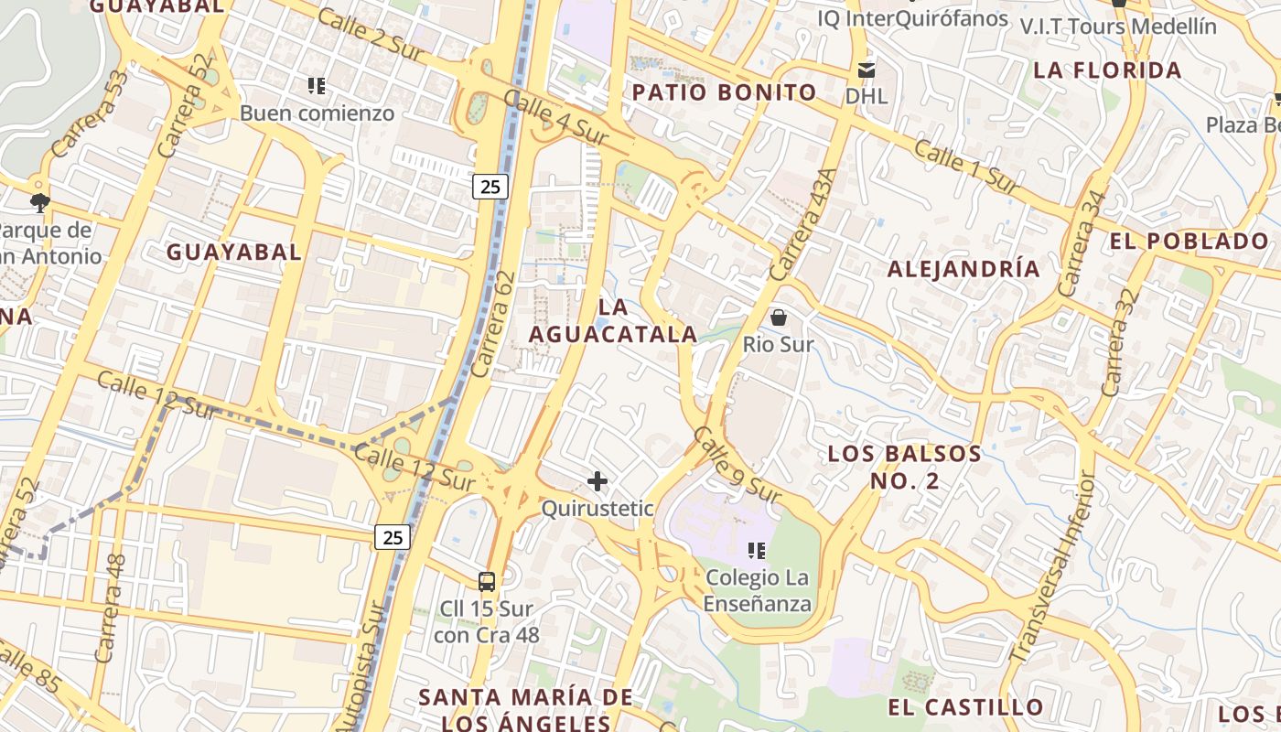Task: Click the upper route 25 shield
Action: coord(490,187)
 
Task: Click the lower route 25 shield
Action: coord(392,537)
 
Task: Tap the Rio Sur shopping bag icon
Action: coord(779,318)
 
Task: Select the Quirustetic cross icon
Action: coord(597,480)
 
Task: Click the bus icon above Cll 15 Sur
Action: coord(487,581)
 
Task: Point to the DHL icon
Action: coord(866,70)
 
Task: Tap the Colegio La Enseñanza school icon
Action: coord(757,551)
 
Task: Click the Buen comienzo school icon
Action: coord(317,86)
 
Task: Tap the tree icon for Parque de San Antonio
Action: coord(39,202)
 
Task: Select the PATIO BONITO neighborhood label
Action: coord(724,92)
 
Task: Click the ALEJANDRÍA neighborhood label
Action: coord(963,269)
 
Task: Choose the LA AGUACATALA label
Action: coord(613,321)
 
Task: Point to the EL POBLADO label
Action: coord(1189,242)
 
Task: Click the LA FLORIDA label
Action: coord(1107,70)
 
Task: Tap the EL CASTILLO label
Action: coord(965,707)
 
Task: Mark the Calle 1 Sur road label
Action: coord(966,167)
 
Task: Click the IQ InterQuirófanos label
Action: coord(912,18)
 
